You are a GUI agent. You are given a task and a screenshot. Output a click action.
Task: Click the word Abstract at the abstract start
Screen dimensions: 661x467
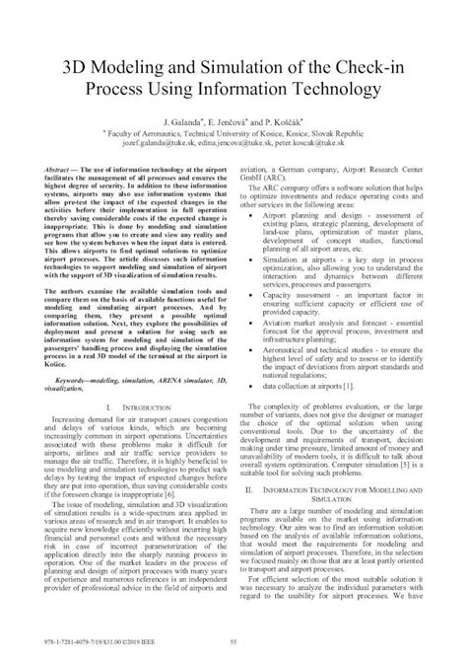[x=71, y=171]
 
